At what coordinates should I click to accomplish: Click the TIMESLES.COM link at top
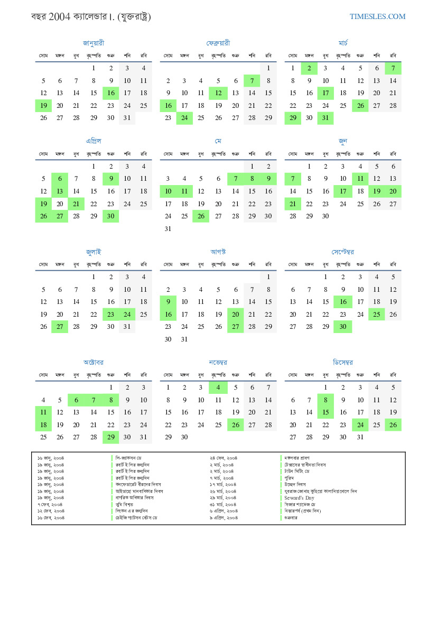pyautogui.click(x=377, y=16)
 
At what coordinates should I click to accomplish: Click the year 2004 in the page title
pyautogui.click(x=58, y=16)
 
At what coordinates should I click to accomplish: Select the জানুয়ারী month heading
pyautogui.click(x=94, y=43)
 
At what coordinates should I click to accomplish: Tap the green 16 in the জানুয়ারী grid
pyautogui.click(x=110, y=93)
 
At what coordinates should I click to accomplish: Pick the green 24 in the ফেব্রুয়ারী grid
pyautogui.click(x=184, y=118)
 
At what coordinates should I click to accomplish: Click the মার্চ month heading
pyautogui.click(x=343, y=43)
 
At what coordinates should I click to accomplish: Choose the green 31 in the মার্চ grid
pyautogui.click(x=326, y=118)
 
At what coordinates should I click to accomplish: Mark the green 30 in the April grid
pyautogui.click(x=110, y=216)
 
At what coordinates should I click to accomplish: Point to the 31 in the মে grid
pyautogui.click(x=168, y=229)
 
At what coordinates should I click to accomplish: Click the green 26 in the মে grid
pyautogui.click(x=201, y=216)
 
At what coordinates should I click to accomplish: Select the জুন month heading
pyautogui.click(x=343, y=141)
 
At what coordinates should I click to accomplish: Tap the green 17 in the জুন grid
pyautogui.click(x=343, y=191)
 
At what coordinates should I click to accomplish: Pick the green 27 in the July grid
pyautogui.click(x=60, y=327)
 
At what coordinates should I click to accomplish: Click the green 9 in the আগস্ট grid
pyautogui.click(x=168, y=302)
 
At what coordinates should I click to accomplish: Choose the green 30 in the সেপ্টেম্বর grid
pyautogui.click(x=343, y=327)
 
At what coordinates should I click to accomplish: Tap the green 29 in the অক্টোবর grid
pyautogui.click(x=110, y=437)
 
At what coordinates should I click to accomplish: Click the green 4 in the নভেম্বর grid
pyautogui.click(x=218, y=388)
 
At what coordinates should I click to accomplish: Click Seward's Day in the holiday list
pyautogui.click(x=299, y=498)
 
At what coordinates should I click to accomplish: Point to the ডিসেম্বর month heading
pyautogui.click(x=343, y=363)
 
